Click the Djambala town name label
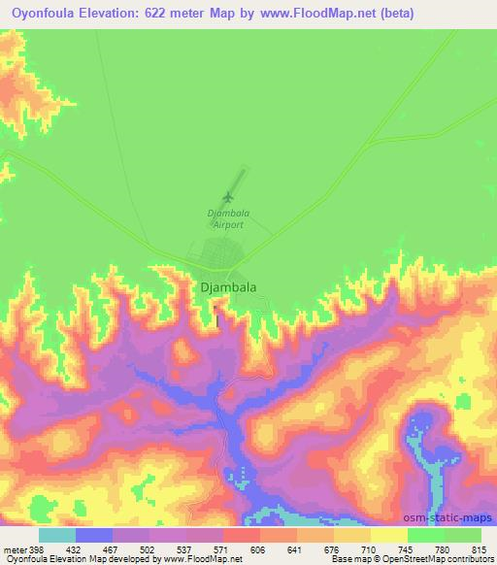pos(229,287)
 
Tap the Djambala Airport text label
pos(223,217)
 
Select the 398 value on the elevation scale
pos(37,549)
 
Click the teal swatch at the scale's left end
pos(56,535)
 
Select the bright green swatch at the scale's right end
pos(462,535)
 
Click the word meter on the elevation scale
pos(14,549)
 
